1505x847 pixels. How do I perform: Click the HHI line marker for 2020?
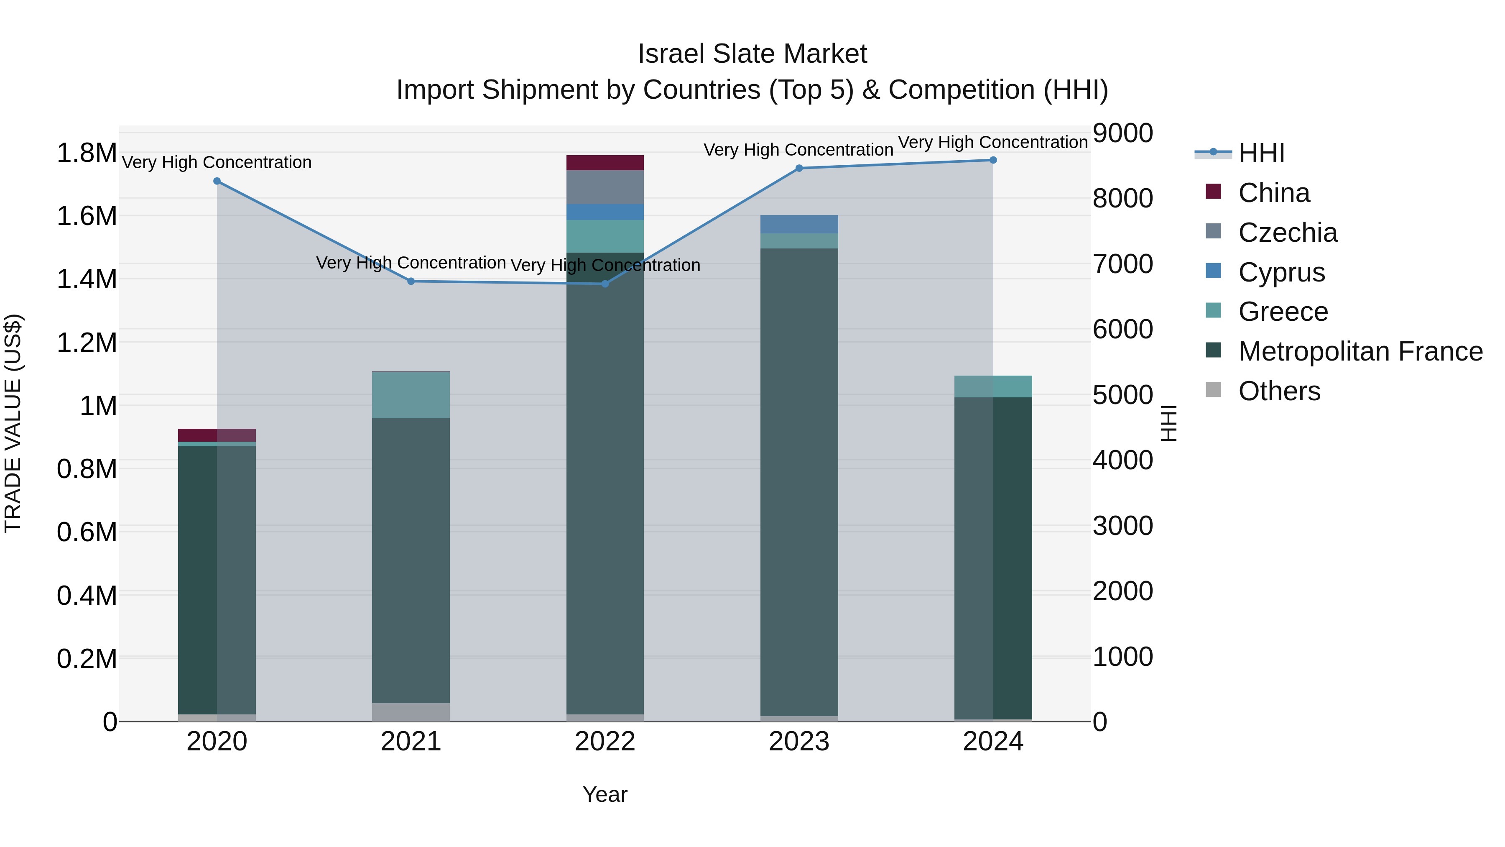pos(217,181)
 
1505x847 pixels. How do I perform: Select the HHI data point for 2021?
pos(411,281)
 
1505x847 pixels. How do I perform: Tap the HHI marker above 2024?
pos(992,160)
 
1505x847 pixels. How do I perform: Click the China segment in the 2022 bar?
pos(605,163)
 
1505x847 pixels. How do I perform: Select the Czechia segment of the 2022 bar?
pos(605,187)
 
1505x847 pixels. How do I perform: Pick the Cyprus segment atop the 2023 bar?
pos(798,224)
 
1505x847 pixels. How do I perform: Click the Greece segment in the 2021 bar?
pos(411,394)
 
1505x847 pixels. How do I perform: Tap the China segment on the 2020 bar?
pos(217,435)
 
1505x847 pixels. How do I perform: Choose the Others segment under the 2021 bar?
pos(411,711)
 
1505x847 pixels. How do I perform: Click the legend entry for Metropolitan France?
pos(1360,351)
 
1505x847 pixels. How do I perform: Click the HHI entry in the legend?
pos(1261,153)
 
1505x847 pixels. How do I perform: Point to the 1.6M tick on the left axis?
pos(87,216)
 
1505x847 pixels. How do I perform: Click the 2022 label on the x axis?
pos(605,742)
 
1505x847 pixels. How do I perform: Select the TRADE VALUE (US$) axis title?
pos(13,423)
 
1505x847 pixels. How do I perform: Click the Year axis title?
pos(605,794)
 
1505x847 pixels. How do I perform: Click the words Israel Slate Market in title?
pos(752,54)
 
